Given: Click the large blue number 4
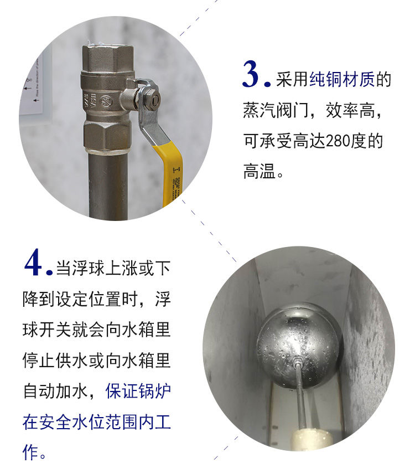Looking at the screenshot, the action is coord(33,262).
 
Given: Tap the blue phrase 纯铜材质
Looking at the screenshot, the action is coord(342,79).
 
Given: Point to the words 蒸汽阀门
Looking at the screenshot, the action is coord(276,110).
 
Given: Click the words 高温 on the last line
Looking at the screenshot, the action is coord(260,171).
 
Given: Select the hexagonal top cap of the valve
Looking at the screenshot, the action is coord(108,59).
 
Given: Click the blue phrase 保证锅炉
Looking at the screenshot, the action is coord(138,391).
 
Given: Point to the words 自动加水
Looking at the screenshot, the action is coord(56,391).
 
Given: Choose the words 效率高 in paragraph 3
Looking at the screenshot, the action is coord(350,110).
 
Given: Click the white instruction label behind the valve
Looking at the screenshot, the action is coord(36,89).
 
